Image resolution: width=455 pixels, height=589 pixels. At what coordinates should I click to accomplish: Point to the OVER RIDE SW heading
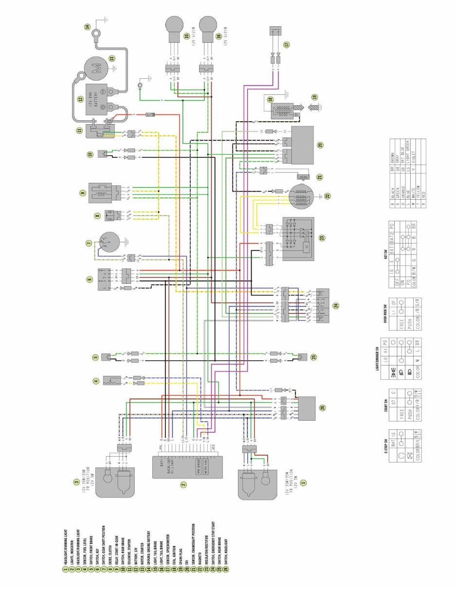click(384, 313)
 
